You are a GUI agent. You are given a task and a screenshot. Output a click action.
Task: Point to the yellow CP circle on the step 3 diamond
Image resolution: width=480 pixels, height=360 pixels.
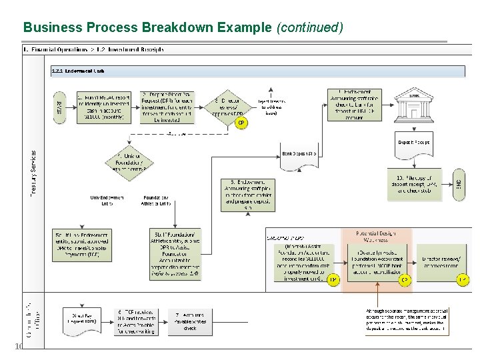coord(241,123)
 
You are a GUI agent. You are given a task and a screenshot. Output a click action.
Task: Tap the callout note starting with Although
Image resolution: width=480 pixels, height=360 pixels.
coord(407,320)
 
